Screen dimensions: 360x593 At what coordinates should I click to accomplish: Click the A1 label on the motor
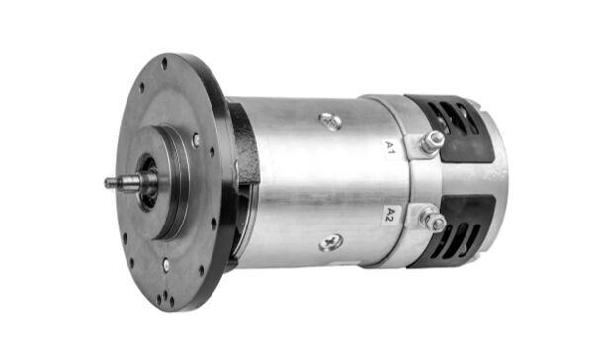pos(390,149)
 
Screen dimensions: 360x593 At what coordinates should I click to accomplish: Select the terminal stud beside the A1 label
pos(431,142)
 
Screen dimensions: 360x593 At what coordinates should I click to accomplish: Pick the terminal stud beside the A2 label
pos(432,220)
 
